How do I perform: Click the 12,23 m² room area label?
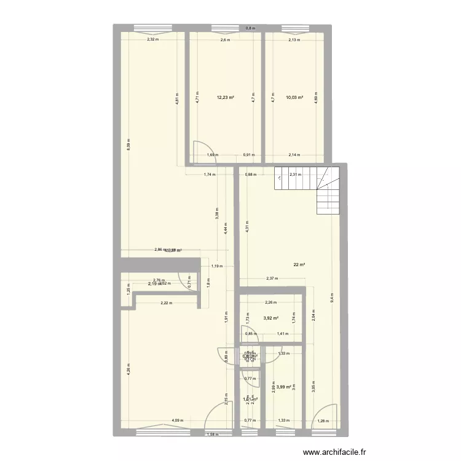pos(225,97)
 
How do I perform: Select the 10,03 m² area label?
pos(294,97)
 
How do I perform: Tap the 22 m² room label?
pos(299,265)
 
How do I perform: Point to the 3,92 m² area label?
pos(271,318)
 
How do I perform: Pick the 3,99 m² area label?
pos(284,387)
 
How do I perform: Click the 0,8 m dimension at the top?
pos(250,28)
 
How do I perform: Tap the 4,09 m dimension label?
pos(176,421)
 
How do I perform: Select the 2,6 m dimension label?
pos(225,40)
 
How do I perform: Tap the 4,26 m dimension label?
pos(128,371)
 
